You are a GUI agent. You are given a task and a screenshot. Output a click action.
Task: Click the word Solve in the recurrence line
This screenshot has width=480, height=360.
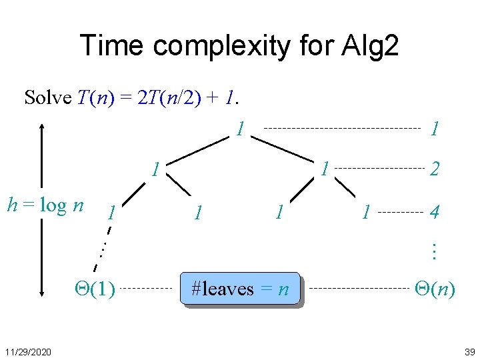[47, 98]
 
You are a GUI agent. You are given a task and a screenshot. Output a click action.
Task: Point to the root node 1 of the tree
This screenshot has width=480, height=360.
[239, 128]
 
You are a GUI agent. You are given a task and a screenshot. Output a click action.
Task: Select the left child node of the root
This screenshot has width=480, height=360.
[155, 169]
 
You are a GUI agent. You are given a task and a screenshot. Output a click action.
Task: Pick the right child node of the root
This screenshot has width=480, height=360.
[323, 169]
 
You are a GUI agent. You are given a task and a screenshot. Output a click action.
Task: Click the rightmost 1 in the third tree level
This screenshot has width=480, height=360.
[365, 213]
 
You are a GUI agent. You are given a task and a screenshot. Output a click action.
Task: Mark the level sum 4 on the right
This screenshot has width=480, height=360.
[434, 213]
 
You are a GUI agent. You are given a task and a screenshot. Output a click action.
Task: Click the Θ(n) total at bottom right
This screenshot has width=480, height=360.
[435, 289]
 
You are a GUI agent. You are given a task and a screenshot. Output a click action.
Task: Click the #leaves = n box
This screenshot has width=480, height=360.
[240, 289]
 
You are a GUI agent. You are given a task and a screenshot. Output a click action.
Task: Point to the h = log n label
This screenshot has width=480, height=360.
[44, 205]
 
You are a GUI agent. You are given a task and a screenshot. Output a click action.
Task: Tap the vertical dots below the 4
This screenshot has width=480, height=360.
[433, 251]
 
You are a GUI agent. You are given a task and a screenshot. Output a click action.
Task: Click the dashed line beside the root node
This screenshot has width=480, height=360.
[343, 127]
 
